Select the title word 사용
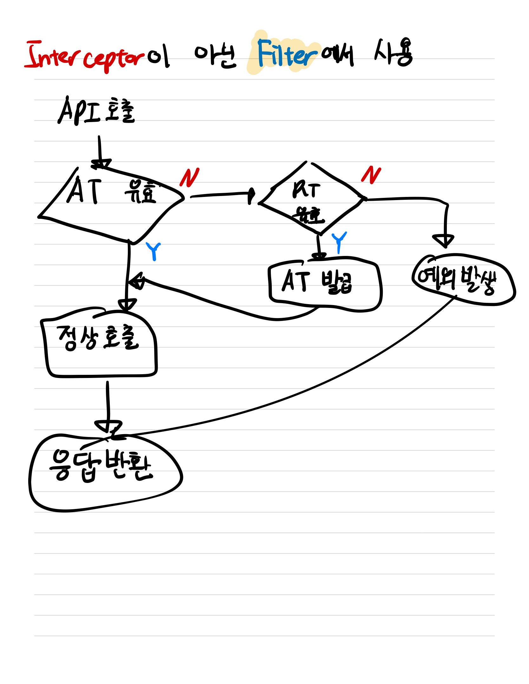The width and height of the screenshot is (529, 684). pyautogui.click(x=393, y=53)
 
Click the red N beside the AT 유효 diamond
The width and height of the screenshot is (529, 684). pyautogui.click(x=189, y=178)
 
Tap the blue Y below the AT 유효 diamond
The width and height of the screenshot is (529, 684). pyautogui.click(x=153, y=251)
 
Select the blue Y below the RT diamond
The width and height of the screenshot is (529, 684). pyautogui.click(x=339, y=242)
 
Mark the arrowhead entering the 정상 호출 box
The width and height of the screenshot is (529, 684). pyautogui.click(x=127, y=305)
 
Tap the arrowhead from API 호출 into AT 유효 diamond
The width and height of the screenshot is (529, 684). pyautogui.click(x=101, y=163)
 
